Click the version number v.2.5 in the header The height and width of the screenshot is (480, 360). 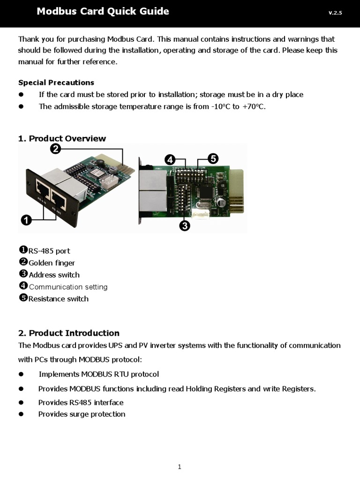[x=335, y=13]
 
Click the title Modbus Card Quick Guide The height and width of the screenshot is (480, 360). [x=103, y=12]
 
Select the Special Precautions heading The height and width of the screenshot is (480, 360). [x=56, y=82]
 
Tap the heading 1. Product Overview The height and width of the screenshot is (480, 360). [x=62, y=138]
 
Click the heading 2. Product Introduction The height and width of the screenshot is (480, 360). [x=69, y=333]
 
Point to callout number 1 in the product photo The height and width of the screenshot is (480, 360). [x=26, y=219]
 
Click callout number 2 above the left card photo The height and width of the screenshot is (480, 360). [x=55, y=149]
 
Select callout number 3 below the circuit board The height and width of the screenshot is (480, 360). [x=184, y=226]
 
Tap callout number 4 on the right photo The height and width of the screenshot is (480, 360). [x=170, y=160]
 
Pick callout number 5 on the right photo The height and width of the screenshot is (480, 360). [x=213, y=158]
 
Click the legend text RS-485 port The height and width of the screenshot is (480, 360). [x=49, y=251]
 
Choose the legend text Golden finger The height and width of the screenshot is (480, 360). [x=52, y=263]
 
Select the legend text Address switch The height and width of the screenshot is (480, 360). [x=54, y=275]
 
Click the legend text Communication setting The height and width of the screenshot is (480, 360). [x=68, y=287]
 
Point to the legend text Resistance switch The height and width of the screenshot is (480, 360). [x=58, y=299]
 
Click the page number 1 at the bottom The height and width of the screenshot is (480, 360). [x=180, y=466]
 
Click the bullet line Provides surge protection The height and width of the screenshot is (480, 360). [x=82, y=414]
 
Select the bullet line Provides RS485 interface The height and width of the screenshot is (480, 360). [x=81, y=402]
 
